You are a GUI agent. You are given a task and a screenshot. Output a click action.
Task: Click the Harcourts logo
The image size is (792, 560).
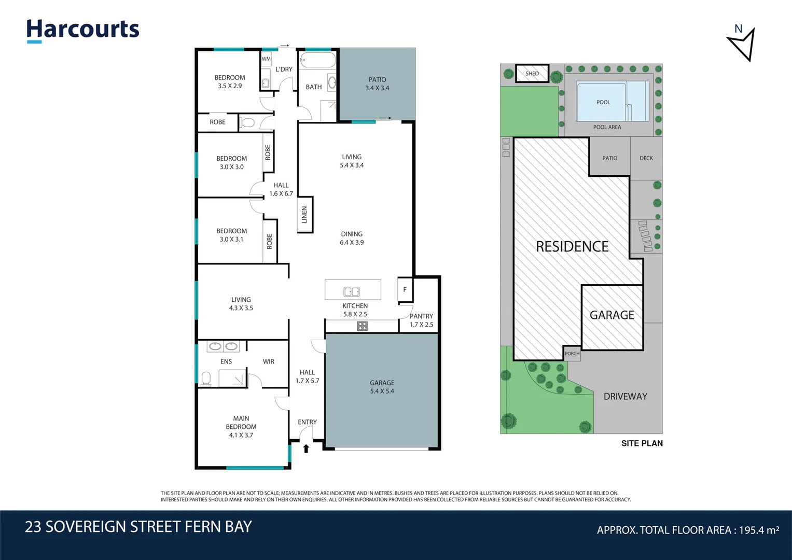83,31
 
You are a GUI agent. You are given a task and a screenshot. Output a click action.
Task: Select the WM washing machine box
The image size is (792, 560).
266,59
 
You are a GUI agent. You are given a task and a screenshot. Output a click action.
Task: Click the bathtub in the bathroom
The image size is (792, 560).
317,60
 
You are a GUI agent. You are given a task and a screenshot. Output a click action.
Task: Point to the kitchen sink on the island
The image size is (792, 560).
352,291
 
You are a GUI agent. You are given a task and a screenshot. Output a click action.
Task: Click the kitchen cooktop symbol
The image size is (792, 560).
362,326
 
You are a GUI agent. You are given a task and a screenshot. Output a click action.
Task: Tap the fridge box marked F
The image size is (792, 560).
405,289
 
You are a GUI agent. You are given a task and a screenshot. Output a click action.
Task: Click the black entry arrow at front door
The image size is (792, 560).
306,449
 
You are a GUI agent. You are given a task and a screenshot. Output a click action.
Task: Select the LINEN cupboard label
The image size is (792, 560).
304,215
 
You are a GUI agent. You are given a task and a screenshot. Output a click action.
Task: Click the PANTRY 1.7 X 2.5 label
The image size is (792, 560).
421,320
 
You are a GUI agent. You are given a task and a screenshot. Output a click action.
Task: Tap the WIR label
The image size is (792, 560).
268,361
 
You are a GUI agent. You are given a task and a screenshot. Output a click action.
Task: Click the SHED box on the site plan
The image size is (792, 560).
532,74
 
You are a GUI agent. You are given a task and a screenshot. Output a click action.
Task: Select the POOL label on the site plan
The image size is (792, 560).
603,102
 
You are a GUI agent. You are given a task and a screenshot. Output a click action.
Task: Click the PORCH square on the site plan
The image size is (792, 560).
572,354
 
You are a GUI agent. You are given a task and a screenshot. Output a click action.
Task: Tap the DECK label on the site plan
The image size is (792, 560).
646,158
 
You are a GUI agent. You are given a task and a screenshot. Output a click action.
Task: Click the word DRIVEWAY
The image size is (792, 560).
625,396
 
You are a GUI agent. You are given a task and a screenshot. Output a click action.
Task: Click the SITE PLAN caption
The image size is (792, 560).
642,443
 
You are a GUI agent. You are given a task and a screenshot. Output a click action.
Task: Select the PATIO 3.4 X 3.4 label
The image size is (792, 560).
377,84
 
